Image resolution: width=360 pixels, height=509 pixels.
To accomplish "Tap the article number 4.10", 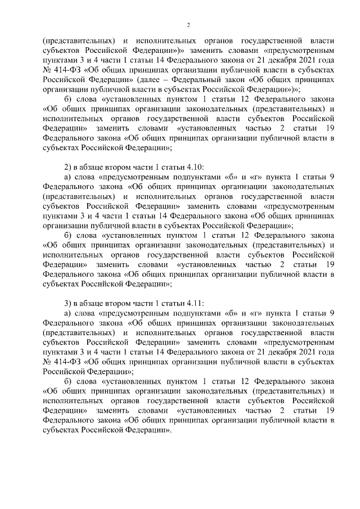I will tap(192, 168).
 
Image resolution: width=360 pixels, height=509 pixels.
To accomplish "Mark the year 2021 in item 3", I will tap(309, 352).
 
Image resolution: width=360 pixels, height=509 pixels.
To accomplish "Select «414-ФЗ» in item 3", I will tap(66, 361).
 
